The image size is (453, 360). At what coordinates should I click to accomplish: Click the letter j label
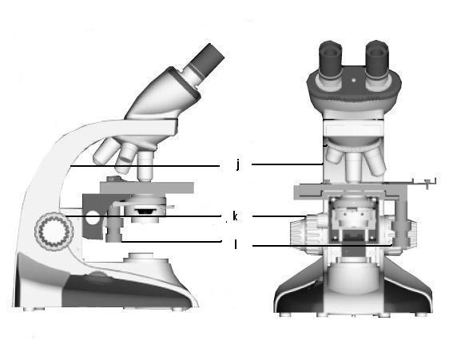238,165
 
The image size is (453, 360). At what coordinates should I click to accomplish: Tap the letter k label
235,216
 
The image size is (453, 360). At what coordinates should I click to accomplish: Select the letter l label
236,244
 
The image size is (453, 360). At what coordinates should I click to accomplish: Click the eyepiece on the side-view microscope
205,62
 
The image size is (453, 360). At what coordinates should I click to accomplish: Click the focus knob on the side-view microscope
54,231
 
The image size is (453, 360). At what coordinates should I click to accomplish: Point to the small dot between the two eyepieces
354,80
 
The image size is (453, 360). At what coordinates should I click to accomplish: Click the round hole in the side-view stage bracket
92,217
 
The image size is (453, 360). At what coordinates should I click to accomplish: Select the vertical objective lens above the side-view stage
145,166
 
